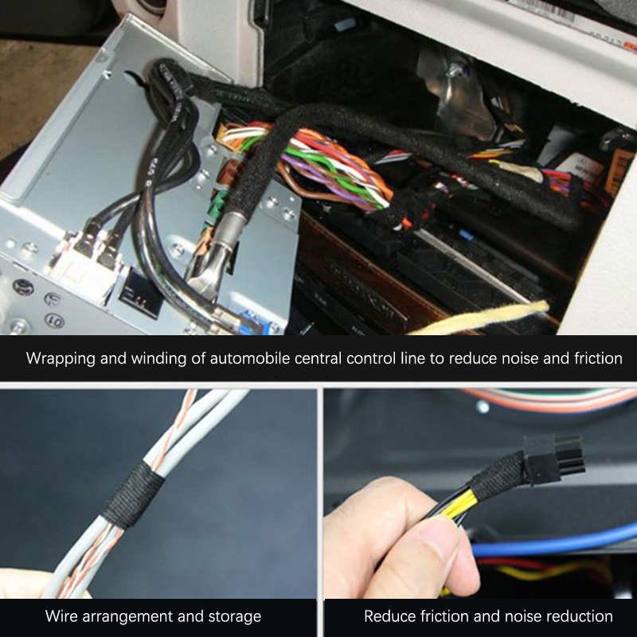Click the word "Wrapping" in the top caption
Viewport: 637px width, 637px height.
point(61,359)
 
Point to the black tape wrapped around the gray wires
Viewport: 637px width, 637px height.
point(133,494)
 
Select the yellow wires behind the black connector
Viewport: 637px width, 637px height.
point(457,505)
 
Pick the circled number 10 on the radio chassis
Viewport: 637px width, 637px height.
point(54,321)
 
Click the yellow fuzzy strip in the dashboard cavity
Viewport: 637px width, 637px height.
point(479,317)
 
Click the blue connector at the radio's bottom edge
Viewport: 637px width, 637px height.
point(254,323)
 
